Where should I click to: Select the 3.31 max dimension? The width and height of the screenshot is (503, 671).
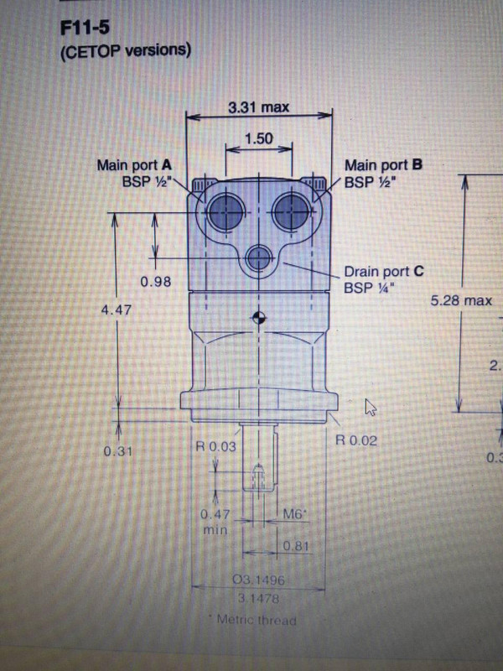[261, 107]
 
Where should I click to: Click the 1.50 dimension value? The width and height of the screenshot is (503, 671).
[260, 139]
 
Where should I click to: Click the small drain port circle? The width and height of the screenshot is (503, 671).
[259, 260]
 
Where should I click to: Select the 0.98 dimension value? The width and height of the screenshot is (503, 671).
[156, 281]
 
